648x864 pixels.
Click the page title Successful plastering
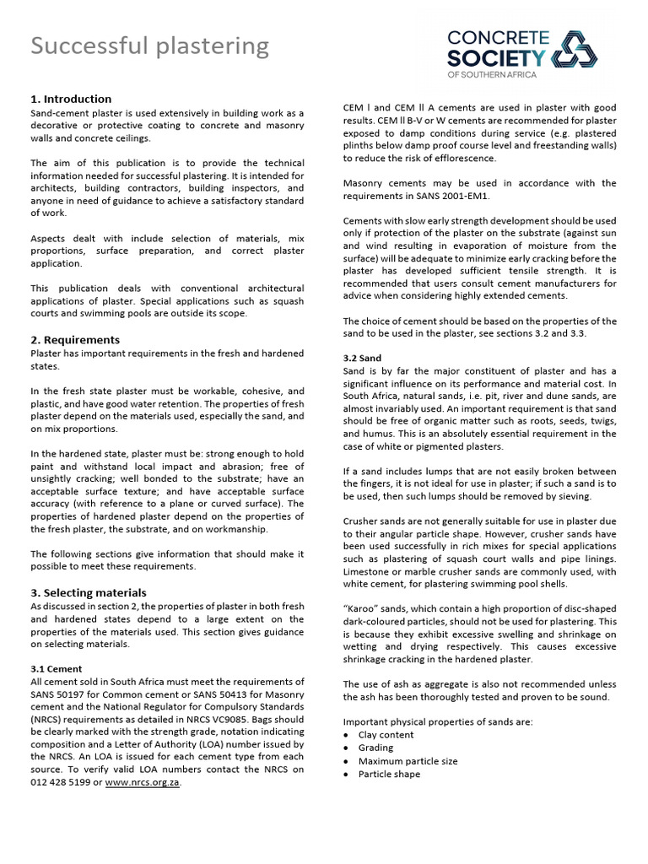[x=150, y=46]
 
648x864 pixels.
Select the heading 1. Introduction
[x=71, y=99]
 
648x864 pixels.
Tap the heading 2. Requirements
[x=75, y=339]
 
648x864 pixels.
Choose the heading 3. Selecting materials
[x=89, y=592]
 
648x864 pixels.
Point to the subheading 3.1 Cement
[x=57, y=668]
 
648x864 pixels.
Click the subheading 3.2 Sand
[x=363, y=358]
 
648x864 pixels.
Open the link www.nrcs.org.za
[x=142, y=782]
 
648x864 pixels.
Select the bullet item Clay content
[x=386, y=735]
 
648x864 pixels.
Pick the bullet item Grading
[x=375, y=748]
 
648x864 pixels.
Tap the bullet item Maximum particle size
[x=408, y=761]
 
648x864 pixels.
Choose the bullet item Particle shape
[x=389, y=774]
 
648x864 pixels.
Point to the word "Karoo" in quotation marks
[x=363, y=609]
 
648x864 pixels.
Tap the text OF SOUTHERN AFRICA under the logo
[x=487, y=75]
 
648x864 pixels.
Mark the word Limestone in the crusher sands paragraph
[x=370, y=571]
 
